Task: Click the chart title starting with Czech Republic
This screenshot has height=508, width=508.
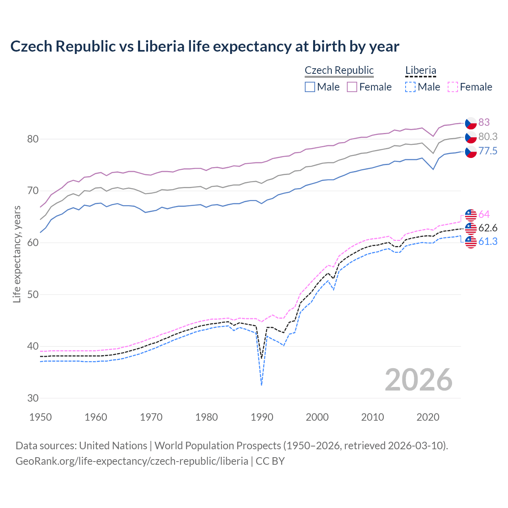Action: [204, 46]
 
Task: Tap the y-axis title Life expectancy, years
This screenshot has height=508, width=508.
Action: [17, 254]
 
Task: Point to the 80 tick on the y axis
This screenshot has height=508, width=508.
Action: [33, 139]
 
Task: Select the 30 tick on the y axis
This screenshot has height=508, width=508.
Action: [33, 398]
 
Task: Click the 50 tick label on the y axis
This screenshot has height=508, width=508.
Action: [33, 294]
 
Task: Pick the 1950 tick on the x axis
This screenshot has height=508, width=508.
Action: [40, 417]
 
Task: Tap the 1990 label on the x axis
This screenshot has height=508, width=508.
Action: [262, 417]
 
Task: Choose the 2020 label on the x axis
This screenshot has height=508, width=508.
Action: [428, 417]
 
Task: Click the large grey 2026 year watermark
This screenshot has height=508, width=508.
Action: [418, 380]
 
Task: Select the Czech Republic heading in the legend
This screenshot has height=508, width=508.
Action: [339, 70]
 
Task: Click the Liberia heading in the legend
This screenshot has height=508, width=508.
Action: [420, 70]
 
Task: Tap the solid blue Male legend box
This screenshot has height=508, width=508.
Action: [310, 87]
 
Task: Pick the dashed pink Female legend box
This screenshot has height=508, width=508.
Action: [452, 87]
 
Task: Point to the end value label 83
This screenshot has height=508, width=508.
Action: [484, 122]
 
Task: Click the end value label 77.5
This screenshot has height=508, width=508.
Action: [488, 151]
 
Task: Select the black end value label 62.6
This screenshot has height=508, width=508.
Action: [488, 228]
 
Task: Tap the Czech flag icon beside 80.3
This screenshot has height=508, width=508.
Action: [471, 137]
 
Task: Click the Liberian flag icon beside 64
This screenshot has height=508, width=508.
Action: [471, 215]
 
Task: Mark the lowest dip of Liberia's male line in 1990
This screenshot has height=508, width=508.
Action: [262, 385]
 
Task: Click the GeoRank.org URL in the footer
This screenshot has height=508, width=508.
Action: [132, 461]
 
